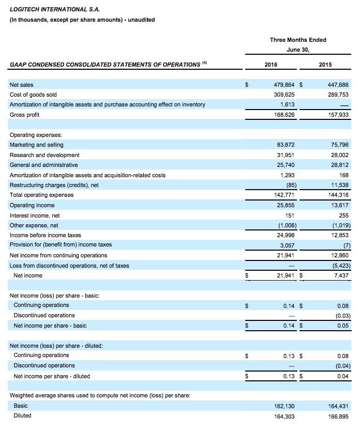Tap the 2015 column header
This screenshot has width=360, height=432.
pos(326,65)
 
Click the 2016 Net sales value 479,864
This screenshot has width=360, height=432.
pos(283,84)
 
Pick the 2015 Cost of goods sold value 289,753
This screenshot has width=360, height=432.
pos(338,95)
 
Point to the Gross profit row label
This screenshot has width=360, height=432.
pos(25,115)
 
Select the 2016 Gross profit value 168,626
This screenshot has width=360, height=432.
pos(283,115)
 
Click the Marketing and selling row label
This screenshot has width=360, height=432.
pos(37,145)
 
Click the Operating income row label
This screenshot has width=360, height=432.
pos(32,205)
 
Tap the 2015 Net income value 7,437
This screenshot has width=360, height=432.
pos(341,275)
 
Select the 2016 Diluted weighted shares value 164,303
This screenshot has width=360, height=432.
pos(283,415)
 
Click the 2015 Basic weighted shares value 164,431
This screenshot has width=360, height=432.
pos(338,406)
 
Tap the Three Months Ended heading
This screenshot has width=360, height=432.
pos(298,40)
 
